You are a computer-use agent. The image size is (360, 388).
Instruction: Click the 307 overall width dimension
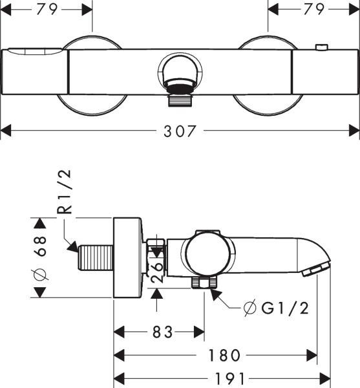coord(179,131)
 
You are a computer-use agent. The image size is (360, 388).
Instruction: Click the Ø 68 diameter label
coord(39,257)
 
